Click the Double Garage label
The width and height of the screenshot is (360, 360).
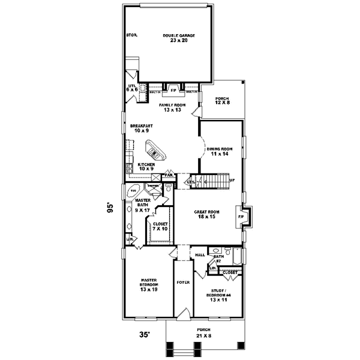click(x=179, y=38)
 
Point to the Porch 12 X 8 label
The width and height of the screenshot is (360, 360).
click(x=222, y=102)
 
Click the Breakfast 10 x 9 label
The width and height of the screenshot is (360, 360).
click(x=142, y=128)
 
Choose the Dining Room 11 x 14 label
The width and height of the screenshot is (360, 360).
click(x=219, y=151)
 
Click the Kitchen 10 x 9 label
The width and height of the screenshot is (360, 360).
click(x=146, y=166)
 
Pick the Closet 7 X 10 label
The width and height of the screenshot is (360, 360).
click(x=160, y=226)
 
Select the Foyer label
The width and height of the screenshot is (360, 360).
click(x=183, y=281)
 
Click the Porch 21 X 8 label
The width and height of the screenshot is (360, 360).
click(x=204, y=332)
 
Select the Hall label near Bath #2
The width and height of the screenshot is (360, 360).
click(x=200, y=254)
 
